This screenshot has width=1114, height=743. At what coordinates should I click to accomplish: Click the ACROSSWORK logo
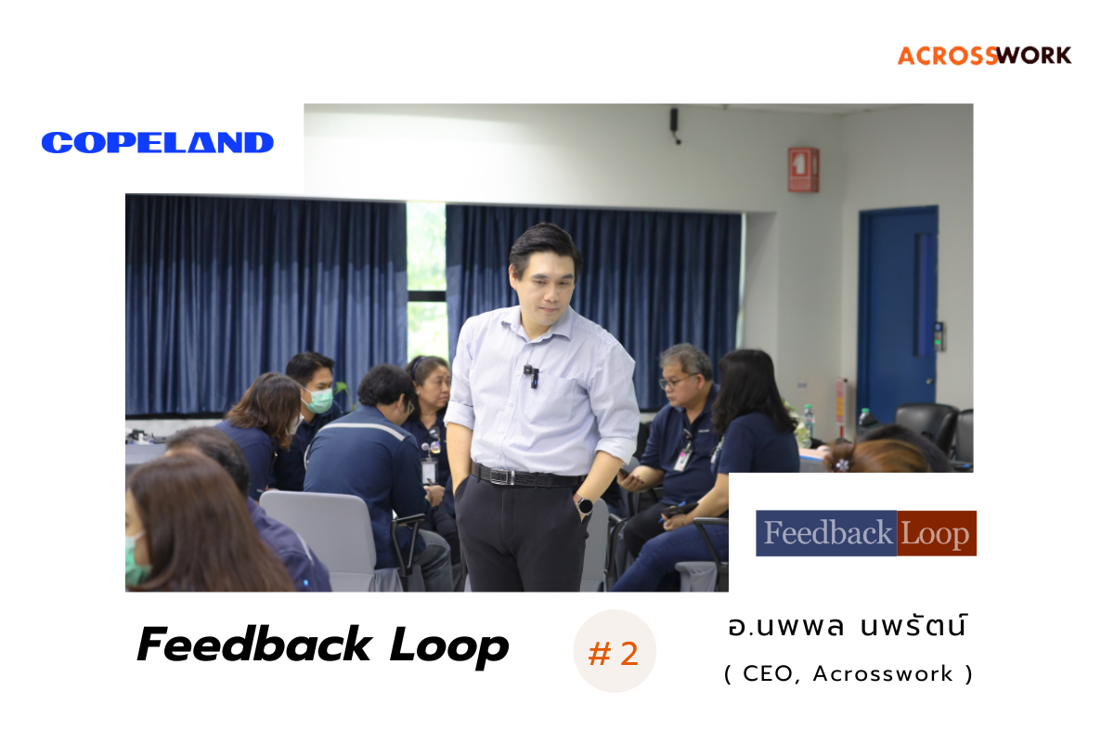coord(984,55)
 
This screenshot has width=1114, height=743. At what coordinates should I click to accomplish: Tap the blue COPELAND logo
coord(158,143)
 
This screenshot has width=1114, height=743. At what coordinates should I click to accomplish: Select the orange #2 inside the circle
coord(614,654)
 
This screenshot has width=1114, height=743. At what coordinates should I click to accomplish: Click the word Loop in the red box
coord(936,533)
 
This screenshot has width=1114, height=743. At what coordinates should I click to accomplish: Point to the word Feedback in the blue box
coord(826,533)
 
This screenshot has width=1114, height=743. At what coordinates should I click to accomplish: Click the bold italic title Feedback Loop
coord(322,645)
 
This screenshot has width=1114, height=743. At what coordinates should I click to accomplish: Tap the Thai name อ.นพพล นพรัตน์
coord(848,626)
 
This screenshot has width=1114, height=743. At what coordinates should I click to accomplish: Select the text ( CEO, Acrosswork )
coord(848,674)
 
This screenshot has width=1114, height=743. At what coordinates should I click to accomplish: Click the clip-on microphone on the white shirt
coord(530,374)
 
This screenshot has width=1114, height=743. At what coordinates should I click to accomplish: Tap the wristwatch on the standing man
coord(586,506)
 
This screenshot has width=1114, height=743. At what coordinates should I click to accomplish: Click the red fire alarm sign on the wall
coord(803,169)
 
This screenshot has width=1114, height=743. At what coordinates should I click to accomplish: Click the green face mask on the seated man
coord(319,399)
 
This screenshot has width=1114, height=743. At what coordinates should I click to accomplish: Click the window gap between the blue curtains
coord(426,279)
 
